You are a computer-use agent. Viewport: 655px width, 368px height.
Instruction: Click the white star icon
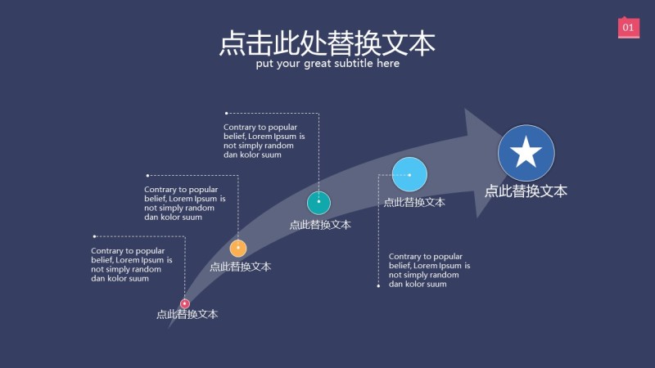tap(526, 153)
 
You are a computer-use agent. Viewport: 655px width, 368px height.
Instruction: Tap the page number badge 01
tap(628, 28)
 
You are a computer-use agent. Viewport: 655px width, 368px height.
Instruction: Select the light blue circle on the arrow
tap(409, 174)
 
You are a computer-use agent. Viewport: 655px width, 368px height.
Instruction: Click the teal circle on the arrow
tap(318, 203)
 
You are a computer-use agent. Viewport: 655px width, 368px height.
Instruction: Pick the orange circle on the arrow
tap(238, 248)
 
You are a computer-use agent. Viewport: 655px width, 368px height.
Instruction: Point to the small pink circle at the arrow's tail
tap(185, 303)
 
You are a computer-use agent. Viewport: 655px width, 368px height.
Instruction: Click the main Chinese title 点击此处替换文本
tap(327, 43)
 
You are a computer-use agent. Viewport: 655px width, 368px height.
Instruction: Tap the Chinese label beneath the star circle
tap(526, 191)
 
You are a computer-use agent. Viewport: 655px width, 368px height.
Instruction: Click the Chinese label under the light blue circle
tap(414, 202)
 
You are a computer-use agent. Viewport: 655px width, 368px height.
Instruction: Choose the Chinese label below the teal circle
tap(320, 225)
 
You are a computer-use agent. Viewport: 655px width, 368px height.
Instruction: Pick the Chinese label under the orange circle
tap(240, 266)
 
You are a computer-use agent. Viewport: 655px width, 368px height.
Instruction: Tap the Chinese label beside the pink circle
tap(187, 314)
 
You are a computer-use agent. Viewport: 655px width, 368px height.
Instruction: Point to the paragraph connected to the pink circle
tap(131, 264)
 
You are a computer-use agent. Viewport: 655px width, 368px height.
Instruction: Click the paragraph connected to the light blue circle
tap(429, 270)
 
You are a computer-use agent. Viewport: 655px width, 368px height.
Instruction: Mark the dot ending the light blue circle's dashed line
tap(378, 286)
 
